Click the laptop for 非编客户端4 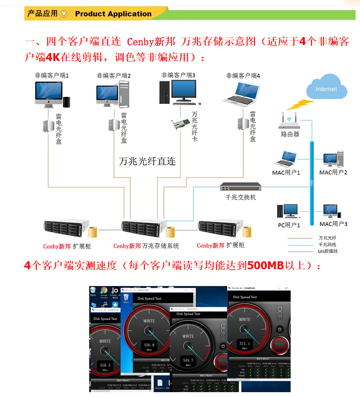[242, 93]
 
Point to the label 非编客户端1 [52, 76]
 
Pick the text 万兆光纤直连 [147, 161]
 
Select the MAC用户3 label [333, 224]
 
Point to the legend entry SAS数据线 [327, 251]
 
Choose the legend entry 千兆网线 [327, 244]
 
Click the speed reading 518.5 [105, 366]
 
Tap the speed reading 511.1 [245, 343]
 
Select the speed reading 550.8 [149, 345]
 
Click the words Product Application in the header [113, 14]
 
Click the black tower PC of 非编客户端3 [164, 92]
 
